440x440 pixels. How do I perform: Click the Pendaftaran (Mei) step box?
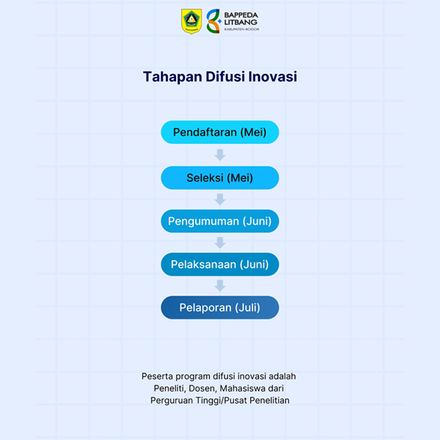(x=220, y=132)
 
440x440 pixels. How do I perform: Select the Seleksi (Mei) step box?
(x=220, y=177)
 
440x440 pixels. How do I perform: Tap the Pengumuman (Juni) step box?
(x=220, y=221)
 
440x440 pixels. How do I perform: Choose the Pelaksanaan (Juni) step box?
(x=220, y=264)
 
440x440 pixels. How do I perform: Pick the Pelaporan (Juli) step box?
(x=220, y=307)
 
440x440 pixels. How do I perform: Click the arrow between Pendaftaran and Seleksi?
(x=220, y=155)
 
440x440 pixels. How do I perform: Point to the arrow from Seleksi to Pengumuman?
(x=220, y=199)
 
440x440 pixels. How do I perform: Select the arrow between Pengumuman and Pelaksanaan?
(x=220, y=243)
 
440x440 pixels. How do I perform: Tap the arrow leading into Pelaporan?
(x=220, y=286)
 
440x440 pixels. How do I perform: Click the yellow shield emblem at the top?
(x=191, y=21)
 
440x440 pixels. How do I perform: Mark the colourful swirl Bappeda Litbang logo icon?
(x=214, y=21)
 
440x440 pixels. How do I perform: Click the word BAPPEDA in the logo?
(x=241, y=15)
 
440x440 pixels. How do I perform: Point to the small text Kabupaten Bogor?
(x=241, y=29)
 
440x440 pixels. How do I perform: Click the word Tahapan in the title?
(x=172, y=77)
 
